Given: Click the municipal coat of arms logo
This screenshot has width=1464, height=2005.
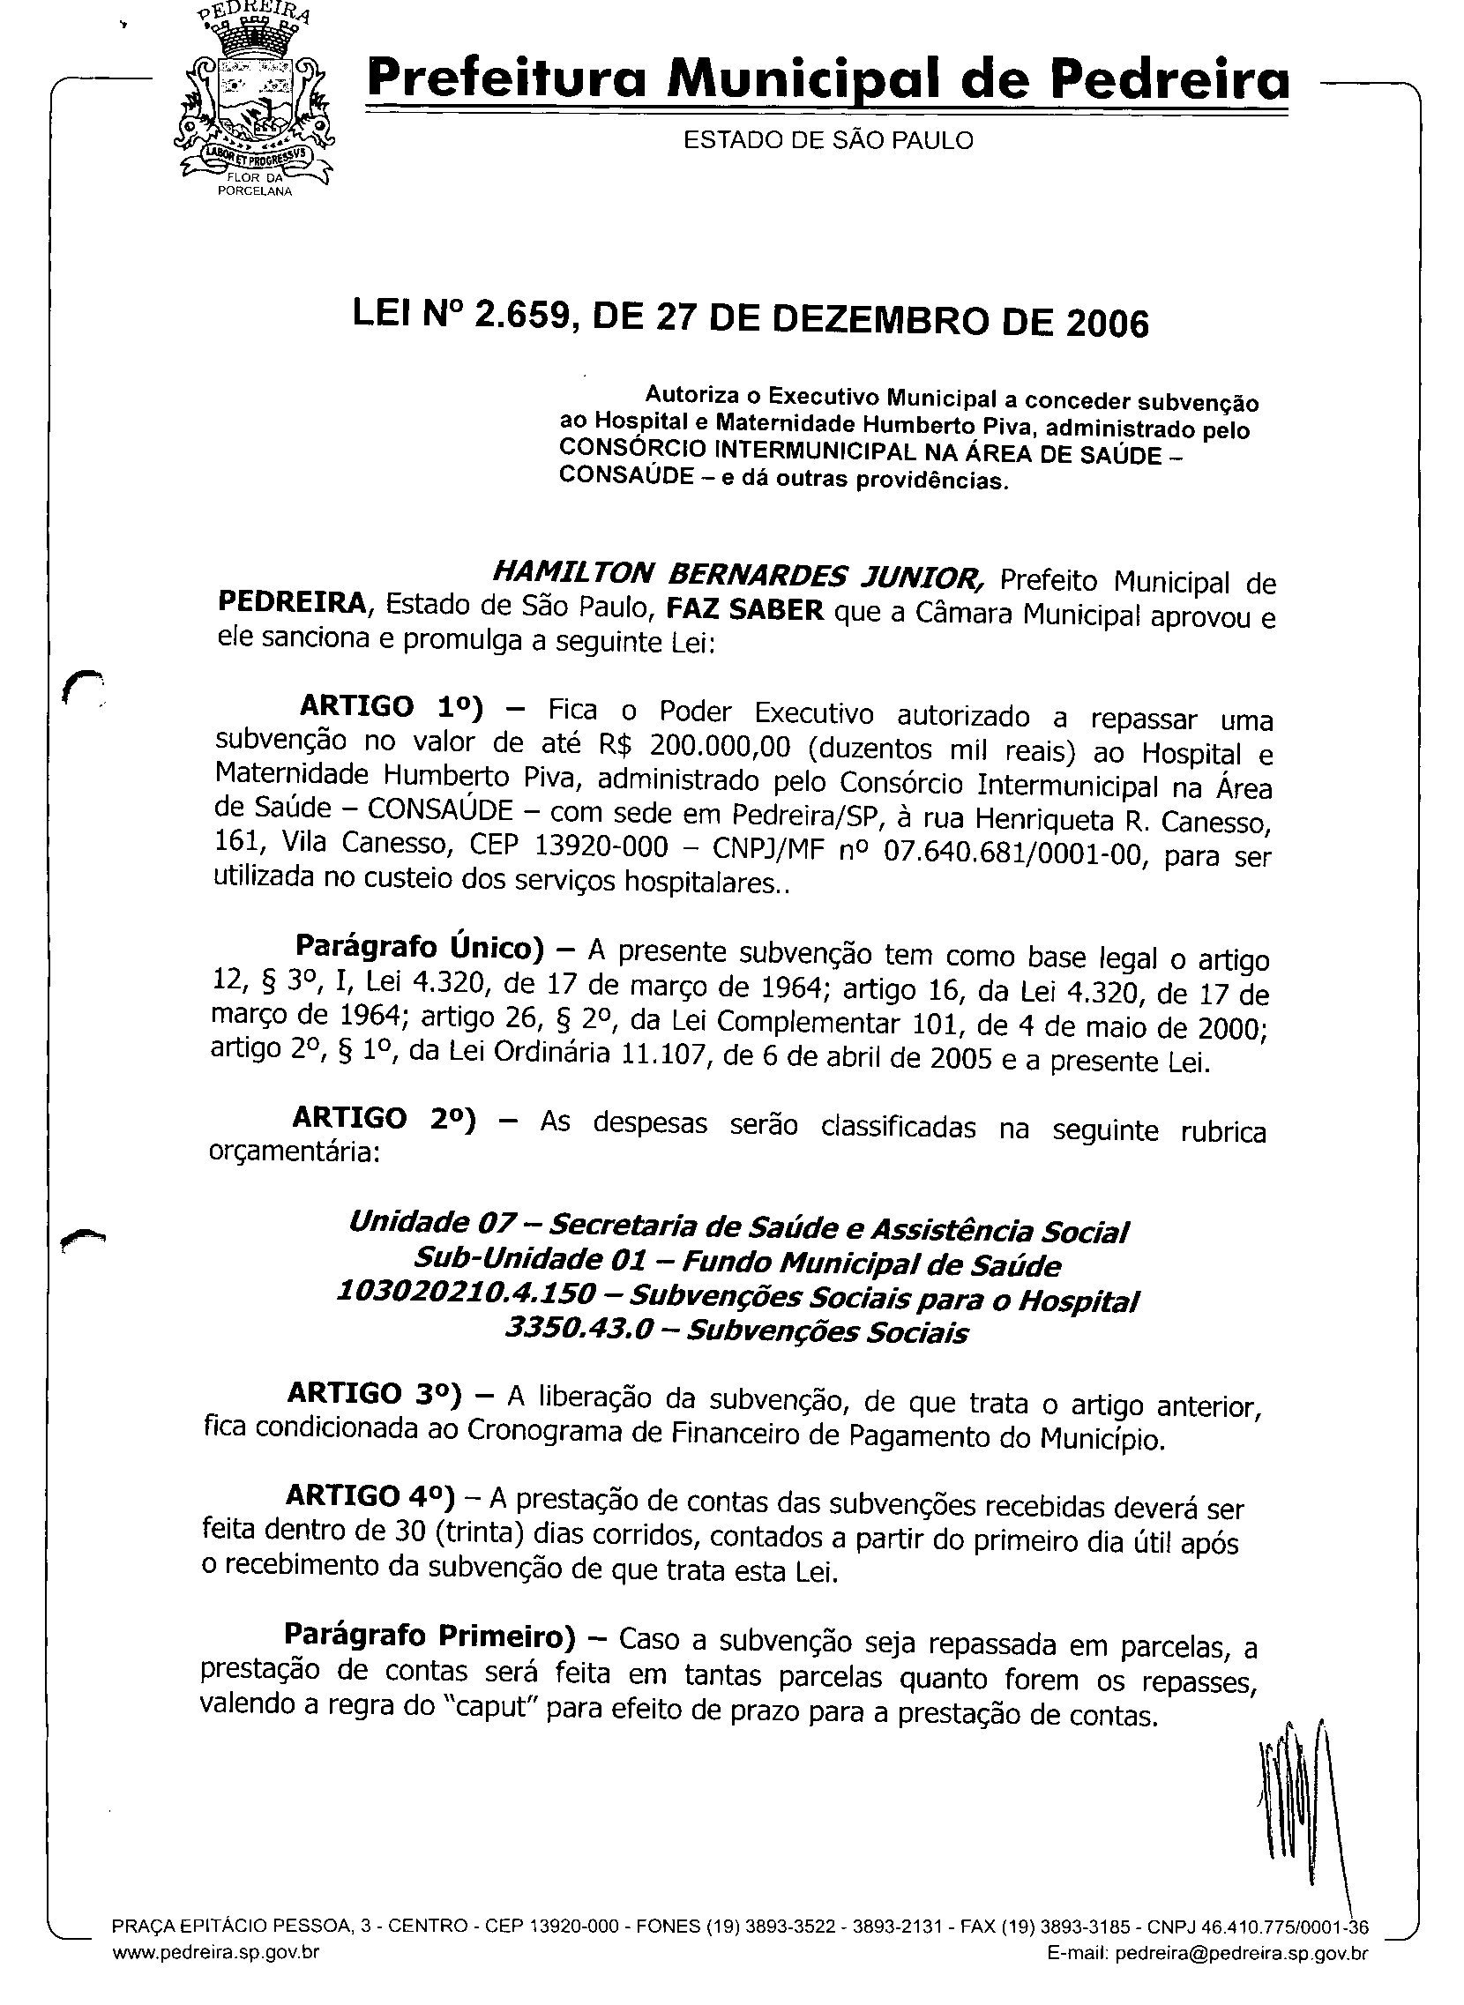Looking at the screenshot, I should coord(255,100).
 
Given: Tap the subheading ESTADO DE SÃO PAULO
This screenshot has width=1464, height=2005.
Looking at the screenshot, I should coord(828,141).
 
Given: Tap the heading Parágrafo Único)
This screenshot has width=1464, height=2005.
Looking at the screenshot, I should coord(419,947).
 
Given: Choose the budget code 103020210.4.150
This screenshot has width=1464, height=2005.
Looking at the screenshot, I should coord(467,1293).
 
